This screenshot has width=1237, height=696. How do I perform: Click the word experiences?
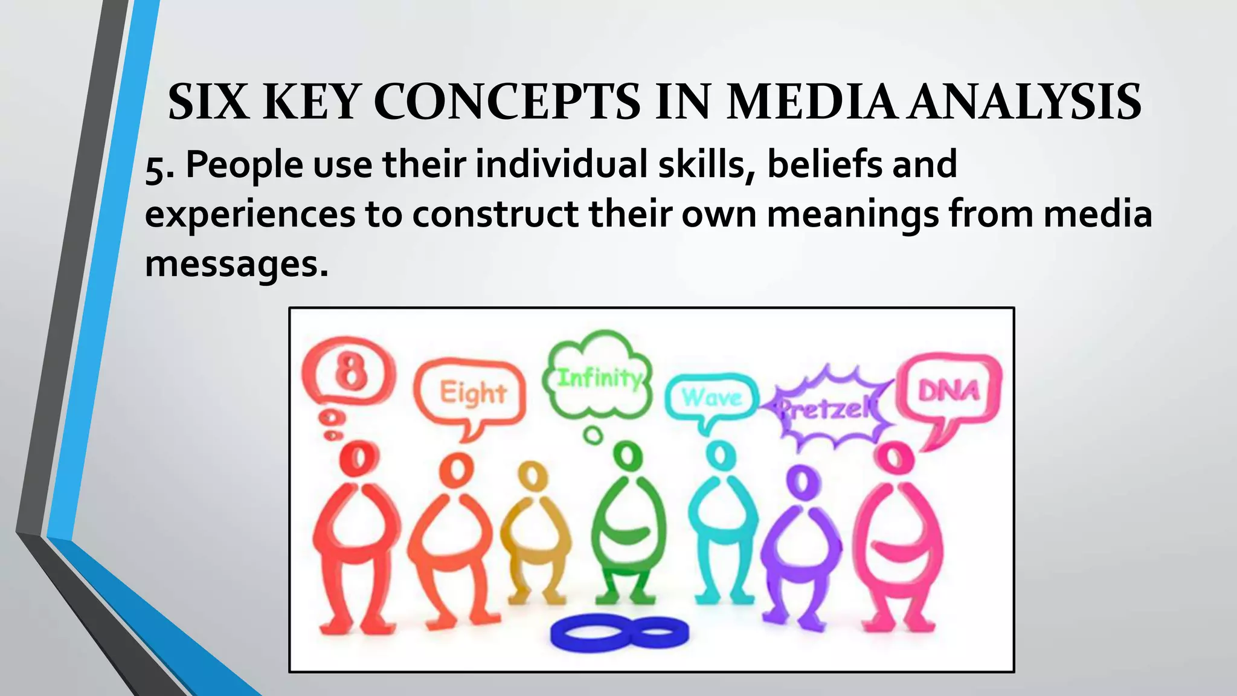point(250,215)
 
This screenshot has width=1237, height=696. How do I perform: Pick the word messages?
point(236,265)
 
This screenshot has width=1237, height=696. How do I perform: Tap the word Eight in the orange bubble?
point(472,393)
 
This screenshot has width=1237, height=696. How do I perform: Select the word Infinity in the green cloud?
point(598,379)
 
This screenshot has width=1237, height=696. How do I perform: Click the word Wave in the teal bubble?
point(712,398)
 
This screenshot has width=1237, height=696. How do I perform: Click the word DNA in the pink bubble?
point(948,391)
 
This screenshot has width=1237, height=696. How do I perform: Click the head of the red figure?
point(358,459)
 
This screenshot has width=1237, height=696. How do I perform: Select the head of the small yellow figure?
point(532,476)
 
